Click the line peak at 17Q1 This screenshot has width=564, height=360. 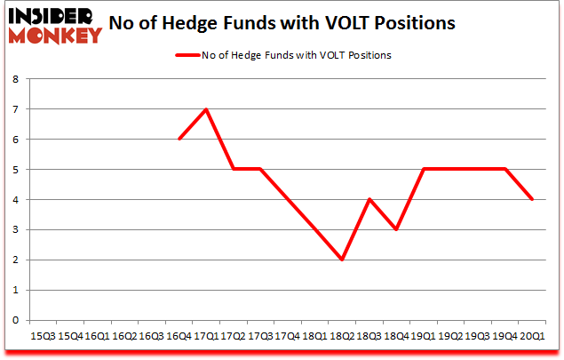click(206, 109)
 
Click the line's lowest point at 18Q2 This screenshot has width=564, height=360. click(342, 260)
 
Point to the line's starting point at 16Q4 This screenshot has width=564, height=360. click(179, 140)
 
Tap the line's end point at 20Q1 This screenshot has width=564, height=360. click(532, 199)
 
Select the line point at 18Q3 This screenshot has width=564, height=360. click(369, 199)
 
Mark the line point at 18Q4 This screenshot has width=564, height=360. click(396, 229)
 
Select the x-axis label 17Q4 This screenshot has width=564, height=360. click(288, 337)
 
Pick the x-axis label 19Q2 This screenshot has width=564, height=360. click(450, 337)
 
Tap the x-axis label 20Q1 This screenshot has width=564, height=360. click(532, 337)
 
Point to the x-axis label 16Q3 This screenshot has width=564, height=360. click(152, 337)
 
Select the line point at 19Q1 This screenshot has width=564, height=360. click(423, 170)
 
